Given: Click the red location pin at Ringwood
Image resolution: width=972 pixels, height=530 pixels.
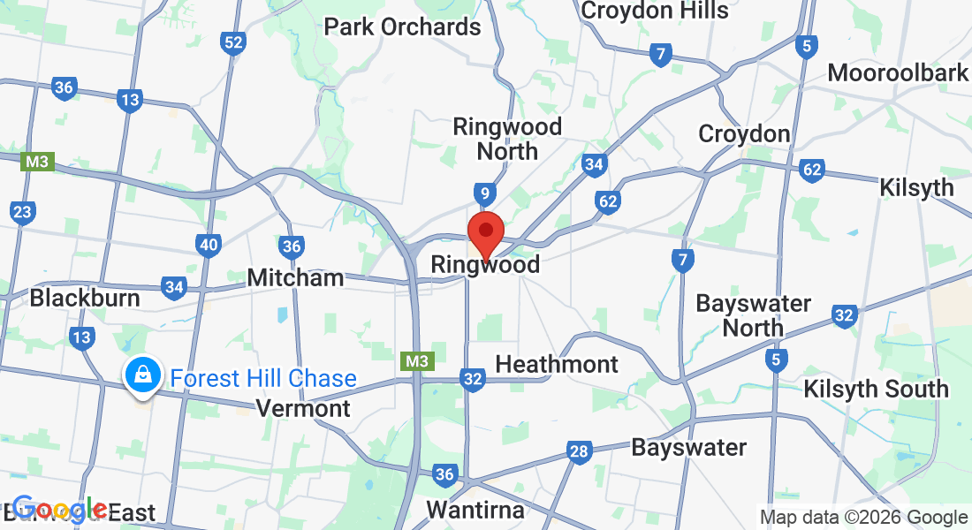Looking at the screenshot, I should (x=485, y=232).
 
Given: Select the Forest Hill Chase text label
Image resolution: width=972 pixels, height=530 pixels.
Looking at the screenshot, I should (x=263, y=379).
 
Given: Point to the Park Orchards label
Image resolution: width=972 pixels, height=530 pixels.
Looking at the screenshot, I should (x=402, y=26).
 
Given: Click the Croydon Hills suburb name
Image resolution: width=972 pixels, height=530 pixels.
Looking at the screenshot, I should (x=655, y=11).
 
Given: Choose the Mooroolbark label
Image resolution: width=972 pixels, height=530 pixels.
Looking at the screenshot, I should (x=898, y=72).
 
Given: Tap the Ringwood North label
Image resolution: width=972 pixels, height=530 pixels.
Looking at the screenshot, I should (x=507, y=139).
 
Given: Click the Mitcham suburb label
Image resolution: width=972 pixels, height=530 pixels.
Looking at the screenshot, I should (x=295, y=277).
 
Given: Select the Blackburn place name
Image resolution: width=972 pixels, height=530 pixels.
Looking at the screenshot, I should (x=85, y=298).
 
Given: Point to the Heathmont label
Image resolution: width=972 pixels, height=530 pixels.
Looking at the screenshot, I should (x=557, y=364).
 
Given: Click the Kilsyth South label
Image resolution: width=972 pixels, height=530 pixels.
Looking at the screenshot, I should (x=876, y=389).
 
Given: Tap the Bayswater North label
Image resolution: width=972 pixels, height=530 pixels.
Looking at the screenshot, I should (x=753, y=315).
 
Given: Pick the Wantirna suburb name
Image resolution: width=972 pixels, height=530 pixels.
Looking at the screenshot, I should (x=475, y=510).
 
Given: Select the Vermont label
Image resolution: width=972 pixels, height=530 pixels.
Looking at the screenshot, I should (x=302, y=408).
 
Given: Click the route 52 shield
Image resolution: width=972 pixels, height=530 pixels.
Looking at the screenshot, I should (x=233, y=43).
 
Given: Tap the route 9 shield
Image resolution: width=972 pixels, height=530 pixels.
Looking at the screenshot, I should (x=482, y=192).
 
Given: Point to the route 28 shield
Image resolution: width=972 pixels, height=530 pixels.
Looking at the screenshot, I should (x=579, y=452).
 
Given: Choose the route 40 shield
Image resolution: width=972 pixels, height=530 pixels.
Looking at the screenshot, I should (x=209, y=245).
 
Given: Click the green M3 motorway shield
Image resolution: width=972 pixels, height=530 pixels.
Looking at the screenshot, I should (x=418, y=361).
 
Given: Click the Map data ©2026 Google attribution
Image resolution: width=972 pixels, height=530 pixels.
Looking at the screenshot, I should (x=863, y=518).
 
